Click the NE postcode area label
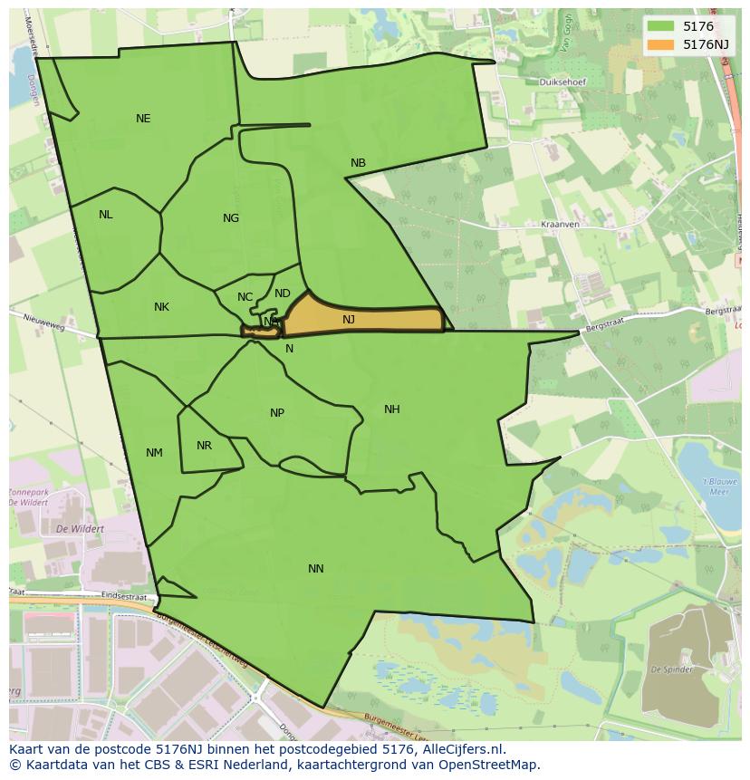tap(143, 119)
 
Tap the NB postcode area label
tap(358, 163)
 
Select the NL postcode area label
tap(106, 215)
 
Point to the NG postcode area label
tap(231, 218)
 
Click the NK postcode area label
tap(161, 307)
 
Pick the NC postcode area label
tap(245, 297)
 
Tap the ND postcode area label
tap(283, 294)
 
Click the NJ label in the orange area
tap(349, 320)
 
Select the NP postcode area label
tap(277, 413)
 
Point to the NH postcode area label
tap(391, 409)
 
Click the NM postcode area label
tap(154, 453)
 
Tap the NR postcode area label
tap(204, 446)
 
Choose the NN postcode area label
tap(315, 569)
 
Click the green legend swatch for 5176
tap(660, 26)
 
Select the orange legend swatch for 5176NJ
tap(660, 44)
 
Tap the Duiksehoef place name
tap(562, 82)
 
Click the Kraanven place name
tap(560, 224)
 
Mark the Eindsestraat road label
tap(123, 596)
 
